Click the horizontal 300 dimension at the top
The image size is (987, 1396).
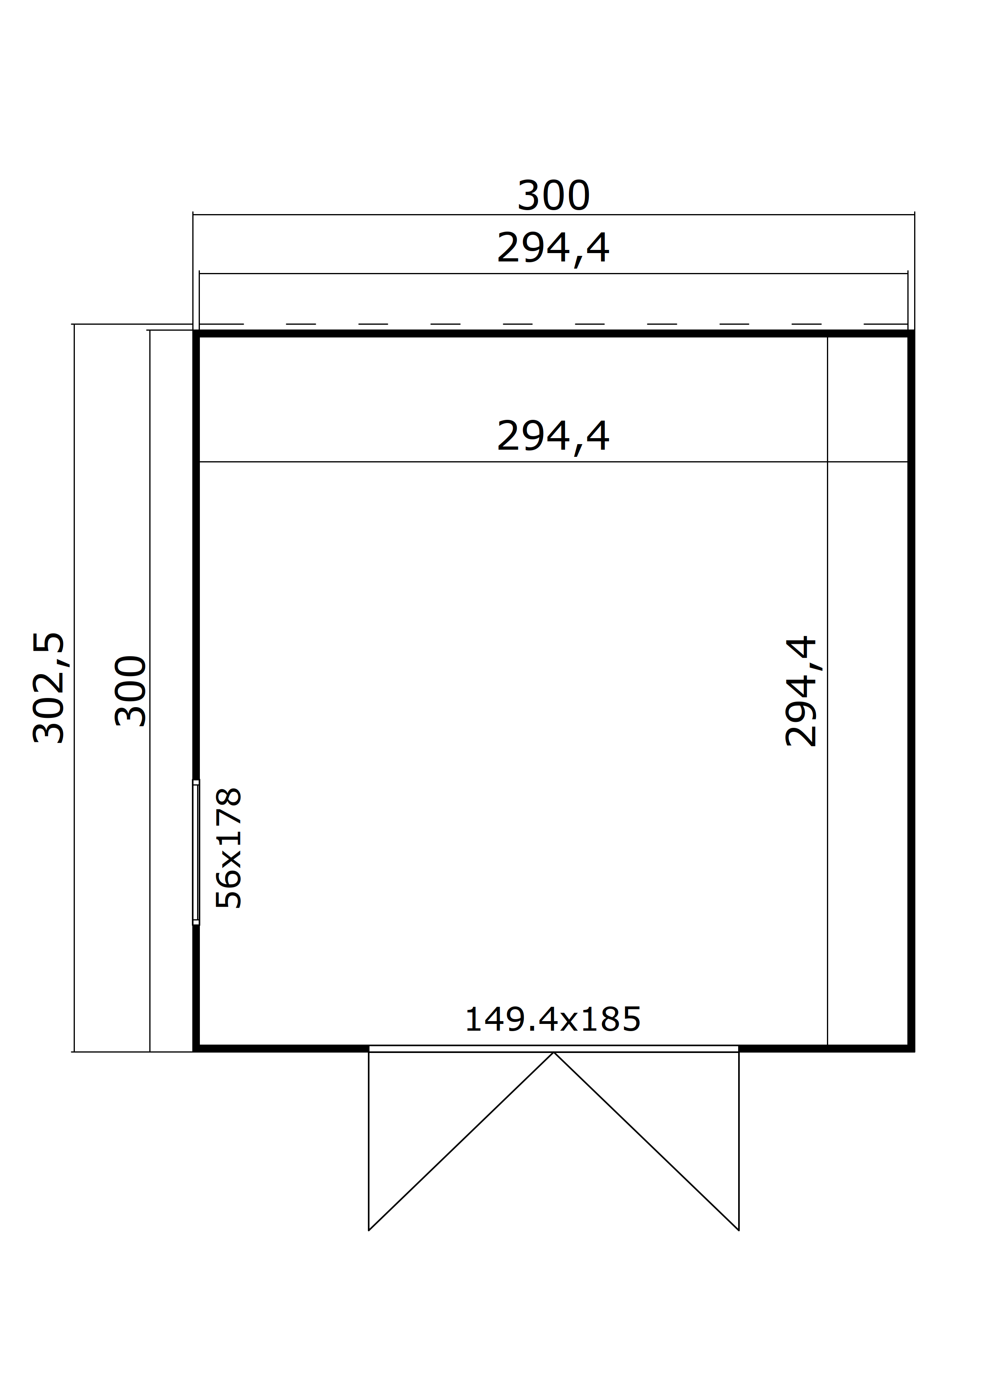click(x=553, y=196)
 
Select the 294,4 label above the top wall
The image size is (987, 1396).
click(x=553, y=248)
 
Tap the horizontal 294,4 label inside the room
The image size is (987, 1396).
click(x=553, y=436)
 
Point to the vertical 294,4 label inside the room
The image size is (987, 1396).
click(x=801, y=691)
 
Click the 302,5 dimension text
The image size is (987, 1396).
click(x=49, y=688)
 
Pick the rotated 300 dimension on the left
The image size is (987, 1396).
click(x=131, y=691)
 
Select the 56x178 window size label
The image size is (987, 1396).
click(x=229, y=848)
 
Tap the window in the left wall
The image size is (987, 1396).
click(x=196, y=852)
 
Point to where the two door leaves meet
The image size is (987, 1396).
click(x=553, y=1052)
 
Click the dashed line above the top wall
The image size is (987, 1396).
click(x=553, y=324)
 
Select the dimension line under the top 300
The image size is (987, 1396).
click(x=553, y=214)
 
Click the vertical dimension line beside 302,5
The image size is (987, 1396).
click(x=74, y=688)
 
